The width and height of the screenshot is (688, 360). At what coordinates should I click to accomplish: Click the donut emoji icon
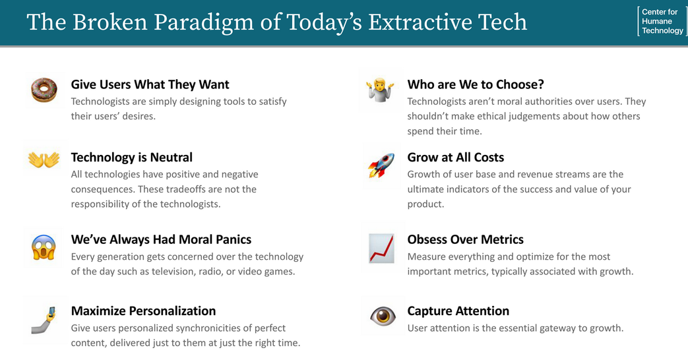click(x=44, y=90)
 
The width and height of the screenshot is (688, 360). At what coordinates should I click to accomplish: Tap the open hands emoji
click(x=44, y=159)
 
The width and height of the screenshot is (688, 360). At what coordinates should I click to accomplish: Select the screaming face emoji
click(x=44, y=247)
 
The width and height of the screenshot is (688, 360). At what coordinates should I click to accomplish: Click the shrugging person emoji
click(x=381, y=90)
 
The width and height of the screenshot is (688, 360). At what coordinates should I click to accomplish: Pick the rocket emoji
click(x=381, y=165)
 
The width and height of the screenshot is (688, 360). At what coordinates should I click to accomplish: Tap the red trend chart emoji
click(x=381, y=249)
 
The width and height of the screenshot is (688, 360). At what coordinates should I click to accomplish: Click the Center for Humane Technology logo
click(x=662, y=21)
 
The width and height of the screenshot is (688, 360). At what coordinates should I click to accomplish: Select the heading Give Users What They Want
click(x=150, y=84)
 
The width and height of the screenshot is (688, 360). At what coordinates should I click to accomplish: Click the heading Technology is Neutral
click(x=131, y=158)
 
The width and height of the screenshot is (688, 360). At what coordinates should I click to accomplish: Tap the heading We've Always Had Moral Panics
click(x=161, y=239)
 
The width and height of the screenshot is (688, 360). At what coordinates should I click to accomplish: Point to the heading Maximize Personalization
click(x=143, y=311)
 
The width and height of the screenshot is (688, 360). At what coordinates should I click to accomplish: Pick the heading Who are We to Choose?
click(x=475, y=84)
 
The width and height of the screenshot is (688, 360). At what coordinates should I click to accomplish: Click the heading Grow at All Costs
click(x=455, y=158)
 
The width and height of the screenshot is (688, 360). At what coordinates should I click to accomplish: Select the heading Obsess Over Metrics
click(x=465, y=239)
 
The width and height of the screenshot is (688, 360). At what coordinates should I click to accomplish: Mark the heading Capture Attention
click(x=458, y=311)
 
